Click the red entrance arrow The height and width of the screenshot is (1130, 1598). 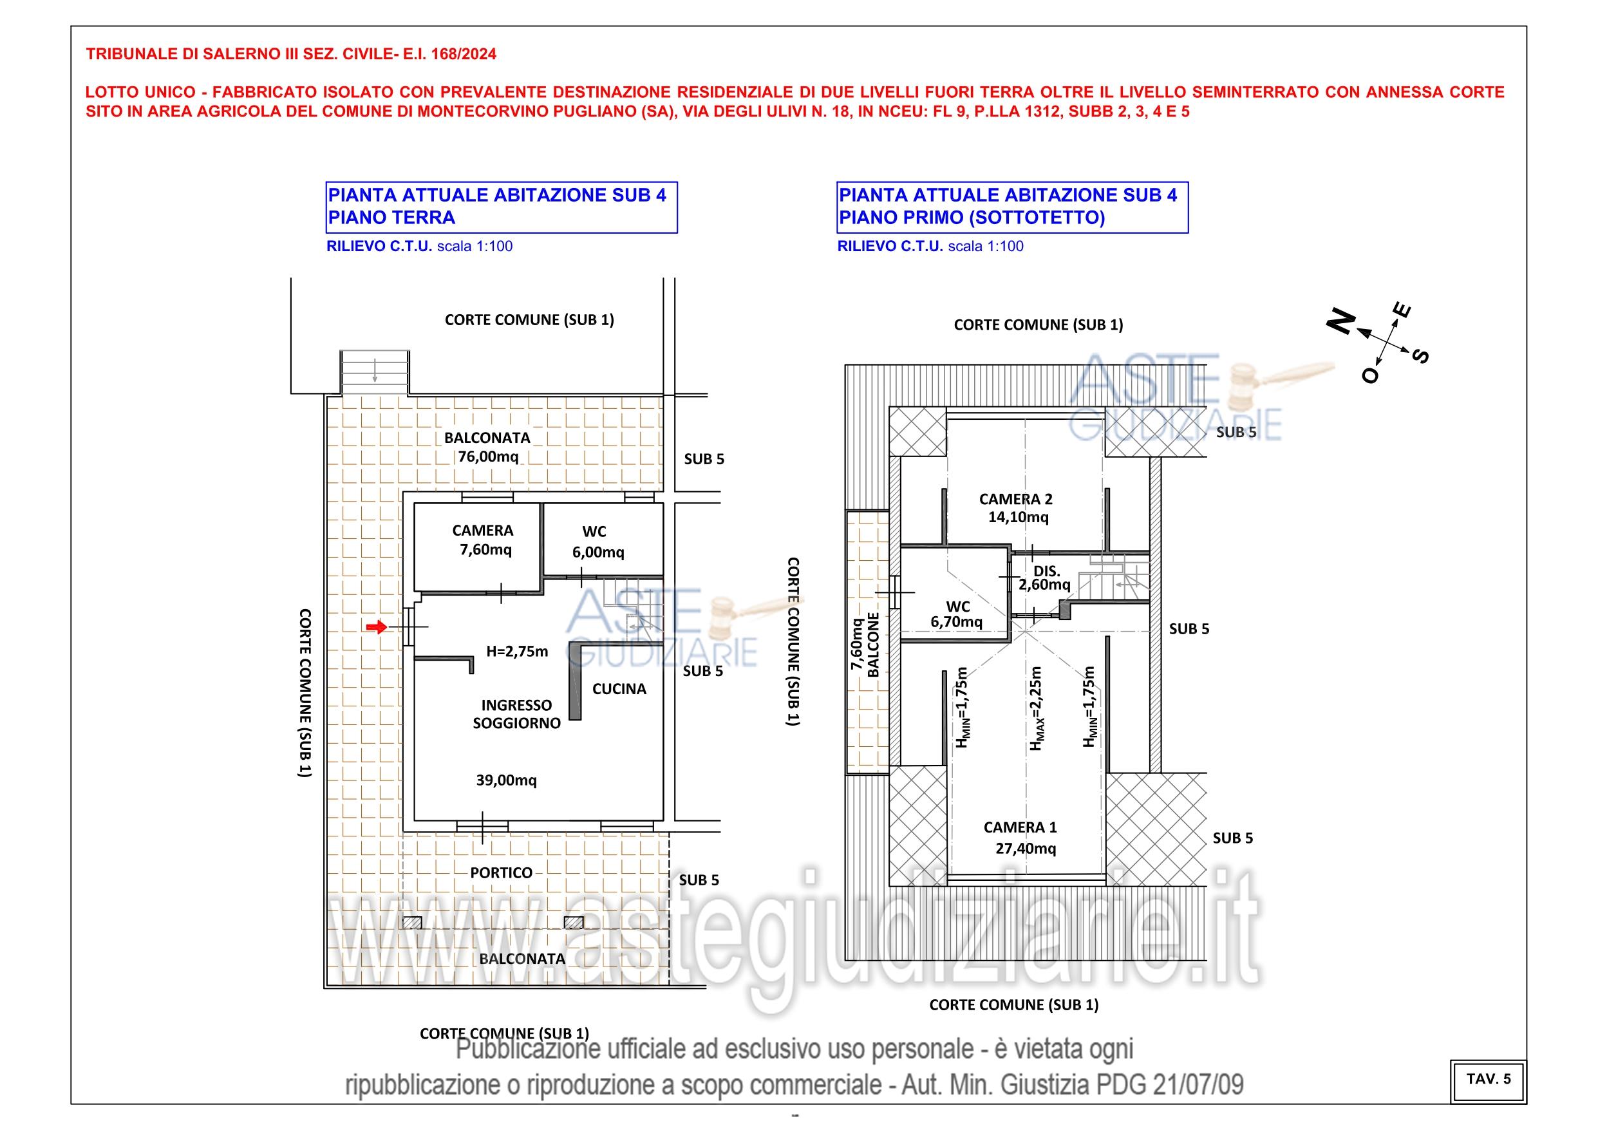(x=377, y=627)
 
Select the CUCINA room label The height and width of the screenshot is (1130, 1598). (x=619, y=688)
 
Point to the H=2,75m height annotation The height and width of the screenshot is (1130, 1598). (x=517, y=652)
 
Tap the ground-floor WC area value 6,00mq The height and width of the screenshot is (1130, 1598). (x=599, y=552)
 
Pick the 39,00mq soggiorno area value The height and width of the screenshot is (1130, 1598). (x=506, y=780)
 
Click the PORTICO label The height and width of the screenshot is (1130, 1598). (x=501, y=872)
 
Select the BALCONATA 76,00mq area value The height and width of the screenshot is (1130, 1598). (x=488, y=457)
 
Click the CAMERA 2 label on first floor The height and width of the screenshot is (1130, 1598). (x=1015, y=499)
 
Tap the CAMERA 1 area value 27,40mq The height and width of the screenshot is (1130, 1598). (x=1026, y=848)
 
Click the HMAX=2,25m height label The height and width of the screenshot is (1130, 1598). (x=1037, y=708)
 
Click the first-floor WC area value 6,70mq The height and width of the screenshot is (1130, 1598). (x=956, y=622)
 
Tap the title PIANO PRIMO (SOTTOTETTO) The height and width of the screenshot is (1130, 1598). (x=972, y=217)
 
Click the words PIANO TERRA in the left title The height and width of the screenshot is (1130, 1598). (x=391, y=217)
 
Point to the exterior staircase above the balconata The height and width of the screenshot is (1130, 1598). (x=375, y=373)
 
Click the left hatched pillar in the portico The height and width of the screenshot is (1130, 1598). (x=412, y=923)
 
